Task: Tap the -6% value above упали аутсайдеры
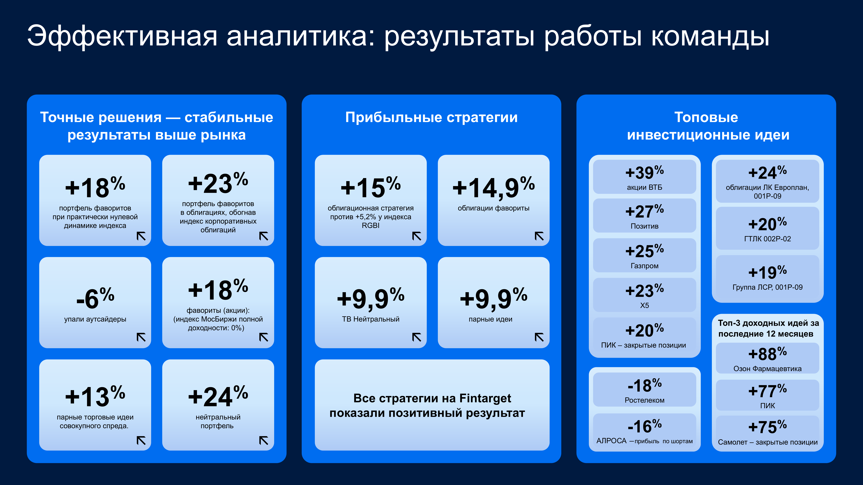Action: point(95,298)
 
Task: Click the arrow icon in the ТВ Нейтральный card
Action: point(416,337)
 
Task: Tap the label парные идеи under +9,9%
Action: point(490,319)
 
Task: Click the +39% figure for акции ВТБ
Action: point(644,172)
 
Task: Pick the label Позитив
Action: point(644,226)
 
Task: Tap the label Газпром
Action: point(644,266)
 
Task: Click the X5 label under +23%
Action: point(644,306)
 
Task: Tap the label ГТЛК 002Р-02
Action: point(767,239)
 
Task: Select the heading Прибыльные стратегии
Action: point(431,118)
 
